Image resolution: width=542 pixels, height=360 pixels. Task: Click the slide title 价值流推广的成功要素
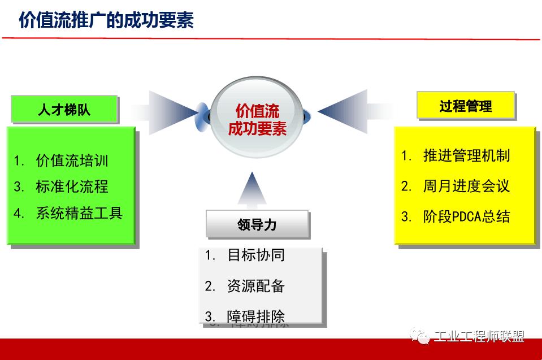click(x=106, y=20)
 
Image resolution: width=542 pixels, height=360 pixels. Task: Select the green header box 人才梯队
click(x=64, y=109)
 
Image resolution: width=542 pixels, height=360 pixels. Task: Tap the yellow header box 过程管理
click(x=466, y=106)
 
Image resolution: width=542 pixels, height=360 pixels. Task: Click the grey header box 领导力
click(x=257, y=224)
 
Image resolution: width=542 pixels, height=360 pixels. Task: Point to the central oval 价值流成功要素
click(x=257, y=119)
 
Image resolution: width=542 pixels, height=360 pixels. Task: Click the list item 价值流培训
click(x=72, y=161)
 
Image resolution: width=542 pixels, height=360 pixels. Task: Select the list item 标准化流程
click(x=72, y=186)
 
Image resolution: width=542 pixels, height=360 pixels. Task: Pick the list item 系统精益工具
click(x=79, y=213)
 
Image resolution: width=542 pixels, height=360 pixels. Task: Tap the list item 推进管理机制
click(x=466, y=155)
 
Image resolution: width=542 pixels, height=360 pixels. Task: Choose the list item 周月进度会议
click(x=466, y=186)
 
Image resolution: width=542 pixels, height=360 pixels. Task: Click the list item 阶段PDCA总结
click(x=466, y=216)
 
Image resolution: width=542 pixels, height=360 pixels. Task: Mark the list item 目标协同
click(x=255, y=255)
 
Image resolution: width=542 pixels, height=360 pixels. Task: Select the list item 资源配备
click(x=255, y=286)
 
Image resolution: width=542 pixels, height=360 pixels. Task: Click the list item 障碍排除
click(x=255, y=315)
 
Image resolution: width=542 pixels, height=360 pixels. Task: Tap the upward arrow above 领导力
click(x=252, y=188)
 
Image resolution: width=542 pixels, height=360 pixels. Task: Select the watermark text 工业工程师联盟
click(x=479, y=337)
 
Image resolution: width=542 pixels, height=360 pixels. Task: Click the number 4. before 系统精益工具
click(x=20, y=214)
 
